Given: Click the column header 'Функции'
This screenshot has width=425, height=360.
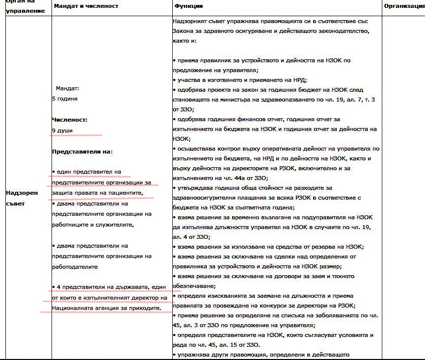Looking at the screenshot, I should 188,6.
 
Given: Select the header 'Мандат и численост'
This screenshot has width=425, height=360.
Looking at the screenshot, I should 86,6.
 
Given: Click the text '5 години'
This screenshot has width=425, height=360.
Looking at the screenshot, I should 65,99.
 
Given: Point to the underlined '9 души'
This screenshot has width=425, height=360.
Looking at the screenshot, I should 62,130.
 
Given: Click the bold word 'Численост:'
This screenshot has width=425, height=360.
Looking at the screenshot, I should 70,120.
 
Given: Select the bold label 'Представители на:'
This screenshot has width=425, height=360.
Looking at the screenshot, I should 82,152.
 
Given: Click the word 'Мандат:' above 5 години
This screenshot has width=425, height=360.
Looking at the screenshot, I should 67,88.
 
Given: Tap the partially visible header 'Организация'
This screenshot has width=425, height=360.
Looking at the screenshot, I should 403,6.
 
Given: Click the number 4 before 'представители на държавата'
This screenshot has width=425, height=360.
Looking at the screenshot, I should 59,287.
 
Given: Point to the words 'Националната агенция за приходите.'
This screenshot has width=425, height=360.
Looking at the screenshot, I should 106,308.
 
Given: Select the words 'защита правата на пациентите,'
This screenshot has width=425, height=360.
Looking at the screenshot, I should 98,193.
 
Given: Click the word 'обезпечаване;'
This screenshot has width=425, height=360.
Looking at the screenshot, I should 195,286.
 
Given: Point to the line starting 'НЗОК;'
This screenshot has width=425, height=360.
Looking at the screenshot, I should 181,139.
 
